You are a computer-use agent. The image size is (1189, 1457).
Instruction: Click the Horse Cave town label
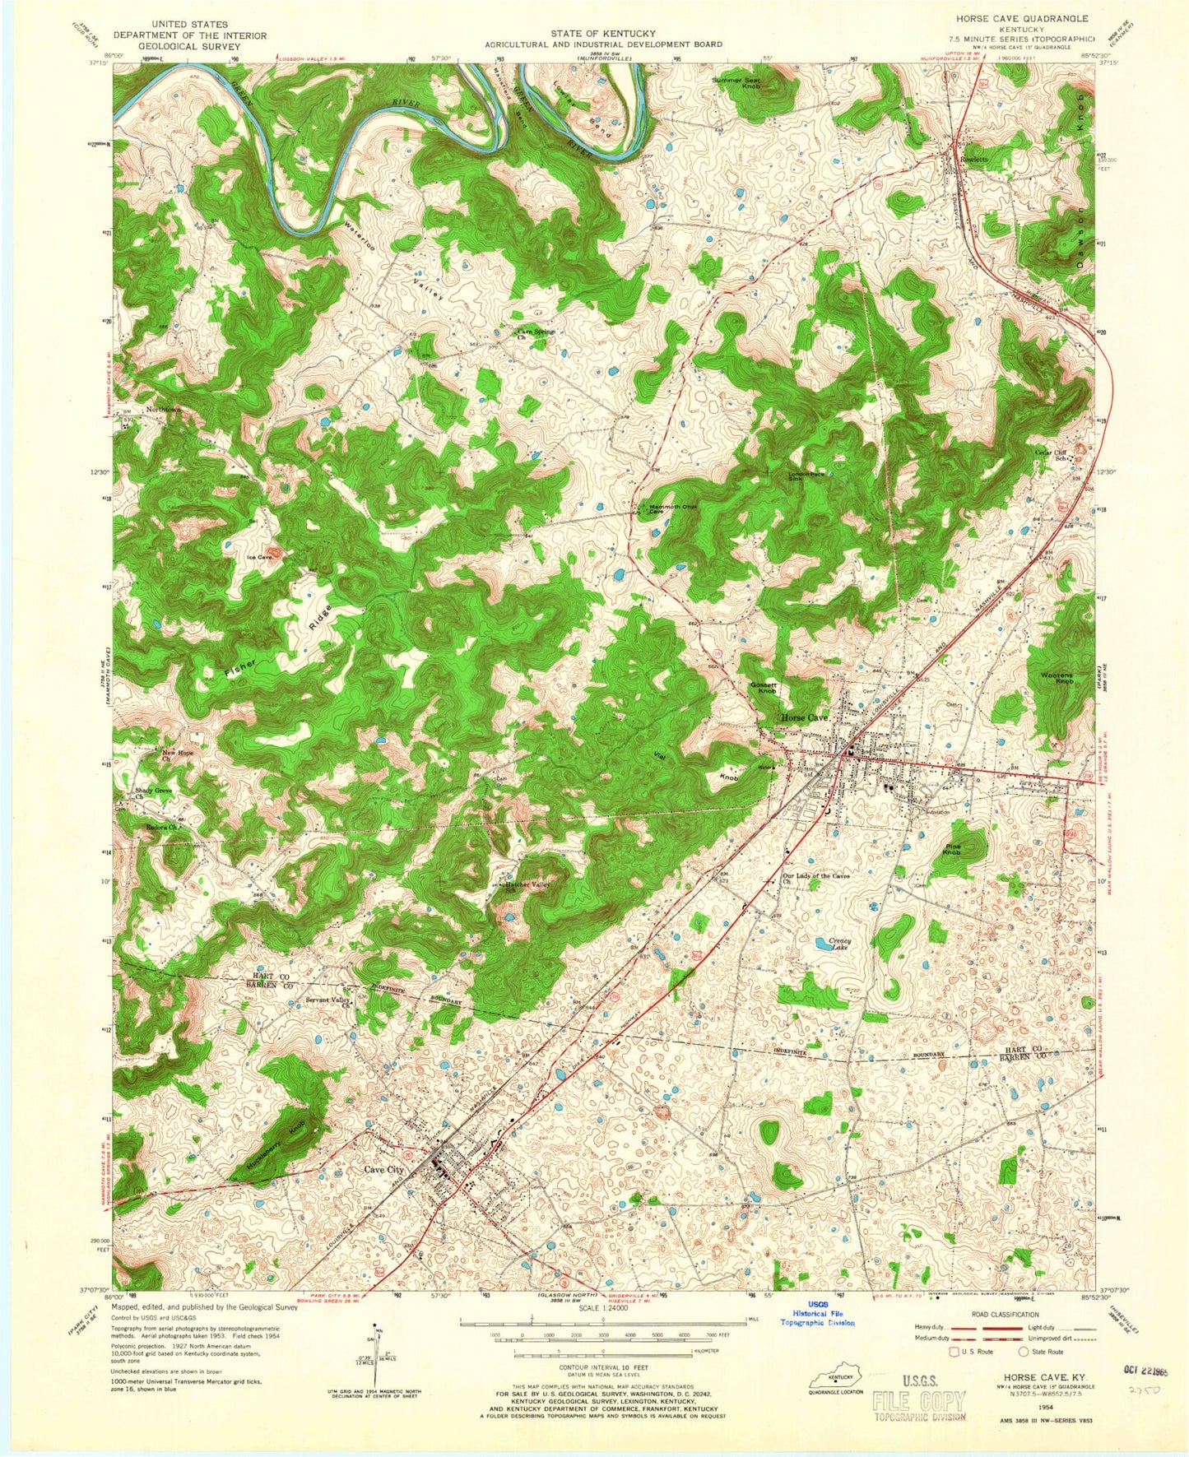tap(806, 717)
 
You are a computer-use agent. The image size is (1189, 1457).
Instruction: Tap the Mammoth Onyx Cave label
tap(673, 508)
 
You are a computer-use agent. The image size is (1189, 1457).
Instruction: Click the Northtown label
tap(163, 410)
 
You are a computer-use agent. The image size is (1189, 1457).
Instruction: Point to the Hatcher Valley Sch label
tap(522, 887)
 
